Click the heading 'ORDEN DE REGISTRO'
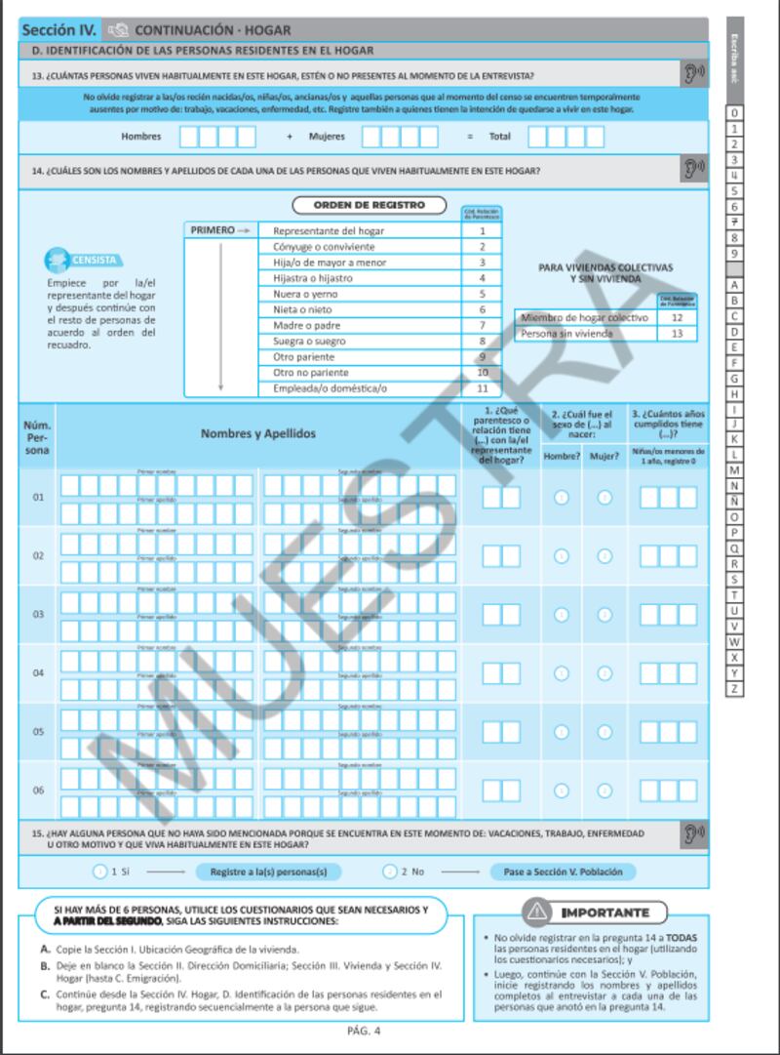(x=370, y=206)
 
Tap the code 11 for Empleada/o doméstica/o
(x=482, y=388)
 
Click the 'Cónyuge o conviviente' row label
(x=322, y=247)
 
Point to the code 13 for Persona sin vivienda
(x=677, y=334)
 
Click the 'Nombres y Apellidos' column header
(x=258, y=434)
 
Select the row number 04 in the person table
(x=38, y=673)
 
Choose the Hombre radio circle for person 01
(x=562, y=498)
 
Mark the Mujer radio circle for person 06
(x=604, y=791)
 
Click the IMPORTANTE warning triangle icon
(x=536, y=913)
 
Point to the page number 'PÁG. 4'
(x=364, y=1031)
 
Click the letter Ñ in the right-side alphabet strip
(x=734, y=502)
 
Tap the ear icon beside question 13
(x=692, y=74)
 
